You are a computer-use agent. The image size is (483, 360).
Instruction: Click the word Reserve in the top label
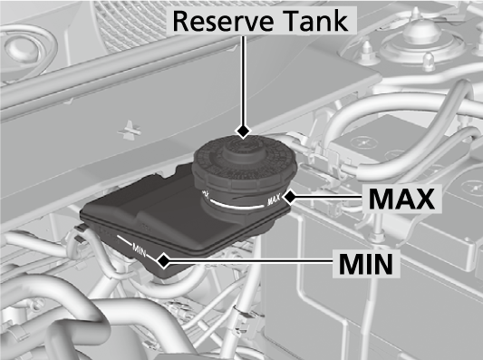pyautogui.click(x=223, y=21)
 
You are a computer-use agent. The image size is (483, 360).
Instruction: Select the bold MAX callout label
pyautogui.click(x=401, y=199)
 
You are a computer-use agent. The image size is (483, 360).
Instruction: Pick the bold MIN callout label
pyautogui.click(x=366, y=264)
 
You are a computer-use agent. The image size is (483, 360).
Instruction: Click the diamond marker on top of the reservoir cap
pyautogui.click(x=244, y=131)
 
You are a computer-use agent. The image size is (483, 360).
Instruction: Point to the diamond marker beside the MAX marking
pyautogui.click(x=290, y=198)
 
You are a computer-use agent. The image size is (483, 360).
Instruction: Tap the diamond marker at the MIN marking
pyautogui.click(x=164, y=261)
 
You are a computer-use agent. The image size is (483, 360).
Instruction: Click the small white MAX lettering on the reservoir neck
pyautogui.click(x=275, y=200)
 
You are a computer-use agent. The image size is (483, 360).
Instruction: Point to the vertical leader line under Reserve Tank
pyautogui.click(x=244, y=81)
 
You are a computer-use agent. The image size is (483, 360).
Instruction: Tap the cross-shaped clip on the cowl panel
pyautogui.click(x=130, y=130)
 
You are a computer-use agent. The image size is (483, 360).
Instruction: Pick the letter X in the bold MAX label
pyautogui.click(x=424, y=199)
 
